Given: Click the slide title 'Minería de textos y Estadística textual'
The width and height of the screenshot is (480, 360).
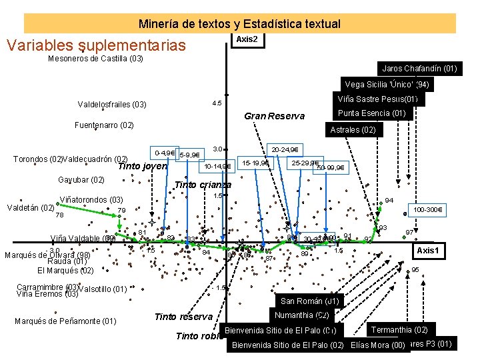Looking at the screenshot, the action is pyautogui.click(x=239, y=24).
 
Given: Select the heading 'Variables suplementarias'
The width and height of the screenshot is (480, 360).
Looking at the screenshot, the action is pyautogui.click(x=95, y=45).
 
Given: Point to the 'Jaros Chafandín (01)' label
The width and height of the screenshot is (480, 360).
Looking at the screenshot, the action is pyautogui.click(x=419, y=68).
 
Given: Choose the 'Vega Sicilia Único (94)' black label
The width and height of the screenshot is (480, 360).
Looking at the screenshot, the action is pyautogui.click(x=387, y=85).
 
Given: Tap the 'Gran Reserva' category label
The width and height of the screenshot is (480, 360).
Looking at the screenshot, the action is pyautogui.click(x=274, y=116).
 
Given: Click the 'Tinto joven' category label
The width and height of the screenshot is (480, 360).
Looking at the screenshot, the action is pyautogui.click(x=142, y=166).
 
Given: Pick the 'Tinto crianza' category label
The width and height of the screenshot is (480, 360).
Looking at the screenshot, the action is pyautogui.click(x=202, y=185).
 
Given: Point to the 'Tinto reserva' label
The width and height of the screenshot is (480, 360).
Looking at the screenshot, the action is pyautogui.click(x=183, y=317).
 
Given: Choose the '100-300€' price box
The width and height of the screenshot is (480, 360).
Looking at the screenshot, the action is pyautogui.click(x=429, y=210).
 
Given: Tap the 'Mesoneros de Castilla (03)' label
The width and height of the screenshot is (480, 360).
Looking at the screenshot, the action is pyautogui.click(x=95, y=59).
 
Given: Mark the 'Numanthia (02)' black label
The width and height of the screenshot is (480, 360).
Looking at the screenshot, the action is pyautogui.click(x=302, y=315).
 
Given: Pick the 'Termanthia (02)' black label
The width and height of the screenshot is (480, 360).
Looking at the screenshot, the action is pyautogui.click(x=399, y=330).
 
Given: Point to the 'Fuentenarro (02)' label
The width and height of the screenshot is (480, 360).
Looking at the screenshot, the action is pyautogui.click(x=104, y=125).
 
